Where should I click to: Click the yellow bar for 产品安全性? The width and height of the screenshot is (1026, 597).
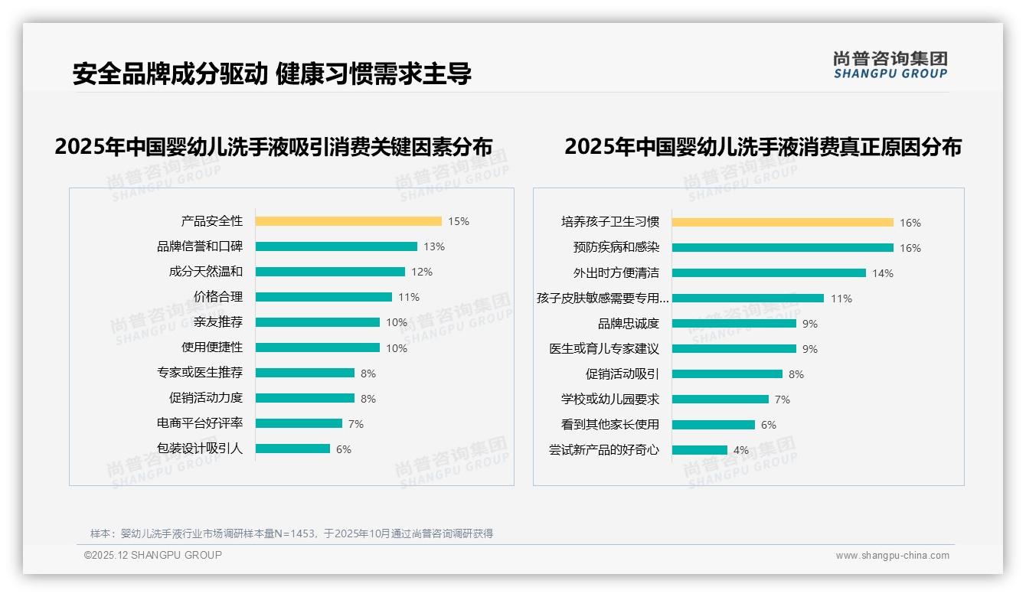click(x=348, y=221)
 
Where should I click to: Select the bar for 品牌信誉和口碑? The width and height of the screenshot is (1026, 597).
click(x=336, y=246)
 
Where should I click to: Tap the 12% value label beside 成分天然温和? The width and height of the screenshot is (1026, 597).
click(x=422, y=272)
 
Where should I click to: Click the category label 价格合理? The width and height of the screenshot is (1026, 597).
click(x=218, y=297)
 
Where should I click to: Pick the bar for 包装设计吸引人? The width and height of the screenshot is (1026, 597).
click(x=292, y=449)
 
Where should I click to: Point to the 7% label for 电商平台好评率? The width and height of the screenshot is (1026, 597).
click(x=355, y=424)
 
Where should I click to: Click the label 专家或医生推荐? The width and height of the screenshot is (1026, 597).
click(x=200, y=373)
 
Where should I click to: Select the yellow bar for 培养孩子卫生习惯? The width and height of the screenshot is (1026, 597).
click(x=783, y=223)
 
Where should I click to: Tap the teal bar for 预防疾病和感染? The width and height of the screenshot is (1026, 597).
click(x=783, y=248)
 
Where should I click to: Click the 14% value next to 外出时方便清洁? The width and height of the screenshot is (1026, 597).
click(x=883, y=273)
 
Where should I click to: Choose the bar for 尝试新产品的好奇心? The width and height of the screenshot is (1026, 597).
click(x=700, y=450)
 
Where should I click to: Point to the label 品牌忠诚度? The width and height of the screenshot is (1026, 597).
click(x=629, y=324)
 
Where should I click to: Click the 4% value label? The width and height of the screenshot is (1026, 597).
click(x=741, y=450)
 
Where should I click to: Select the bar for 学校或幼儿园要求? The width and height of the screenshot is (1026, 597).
click(x=720, y=400)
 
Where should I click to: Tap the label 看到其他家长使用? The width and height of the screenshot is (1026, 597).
click(x=610, y=425)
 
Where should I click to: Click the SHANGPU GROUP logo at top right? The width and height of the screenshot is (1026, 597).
click(x=890, y=65)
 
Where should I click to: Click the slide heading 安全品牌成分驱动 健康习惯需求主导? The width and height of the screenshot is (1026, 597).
click(x=272, y=74)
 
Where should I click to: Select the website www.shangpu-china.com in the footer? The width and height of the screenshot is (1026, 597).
click(x=892, y=556)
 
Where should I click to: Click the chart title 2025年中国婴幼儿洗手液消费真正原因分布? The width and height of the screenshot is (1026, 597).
click(x=763, y=146)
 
